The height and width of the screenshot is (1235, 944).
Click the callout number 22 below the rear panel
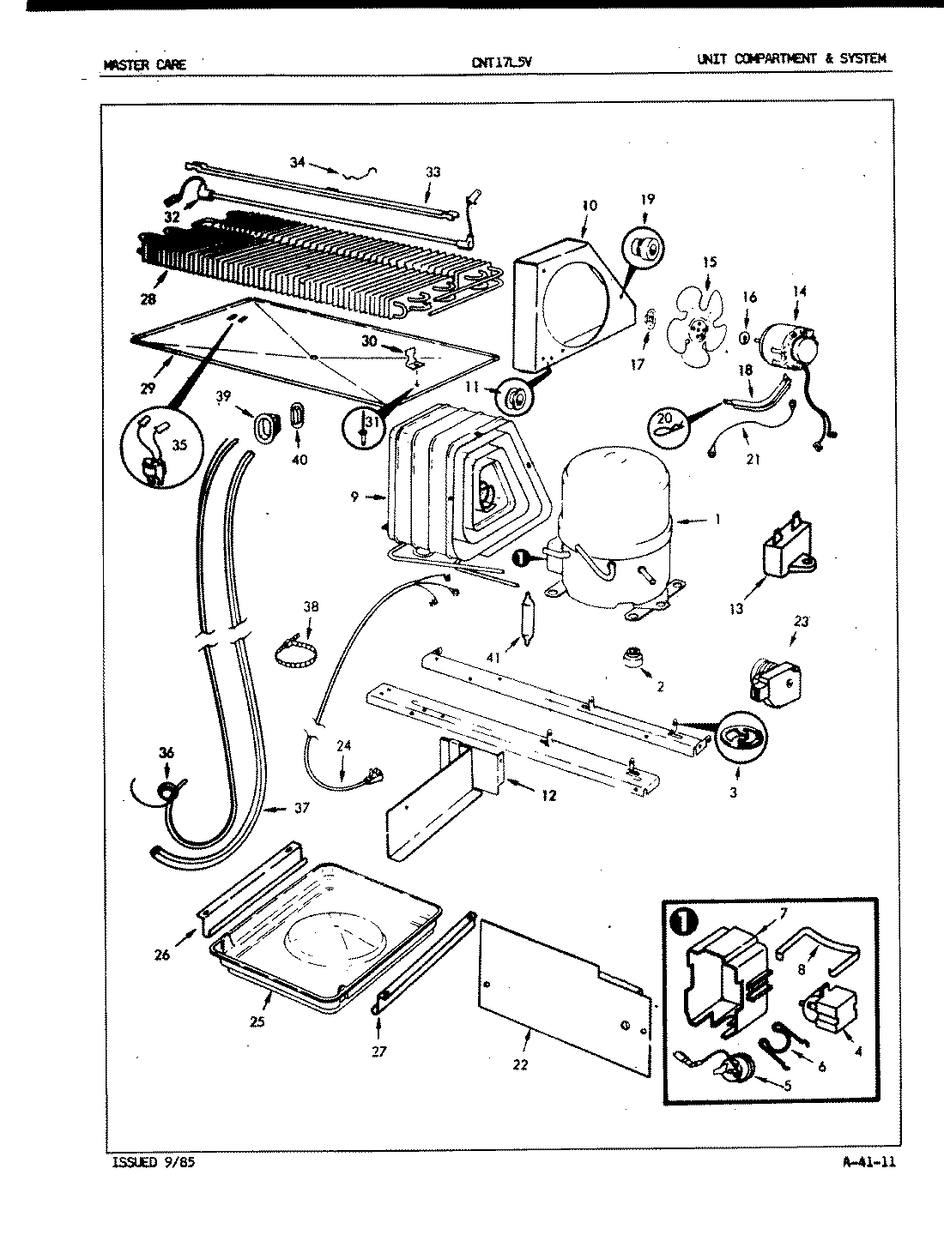[x=520, y=1064]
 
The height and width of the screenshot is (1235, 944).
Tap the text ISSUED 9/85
[x=147, y=1163]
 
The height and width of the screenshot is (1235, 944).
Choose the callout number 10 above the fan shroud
[x=588, y=206]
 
